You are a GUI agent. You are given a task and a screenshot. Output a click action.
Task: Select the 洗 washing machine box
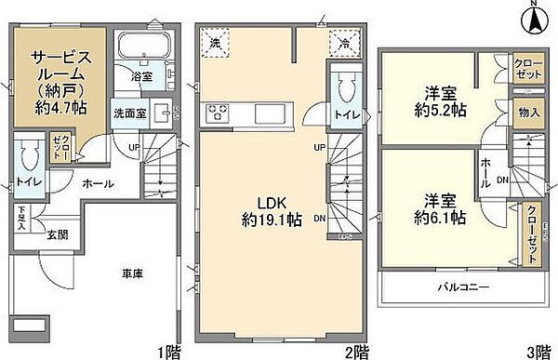point(214,42)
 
